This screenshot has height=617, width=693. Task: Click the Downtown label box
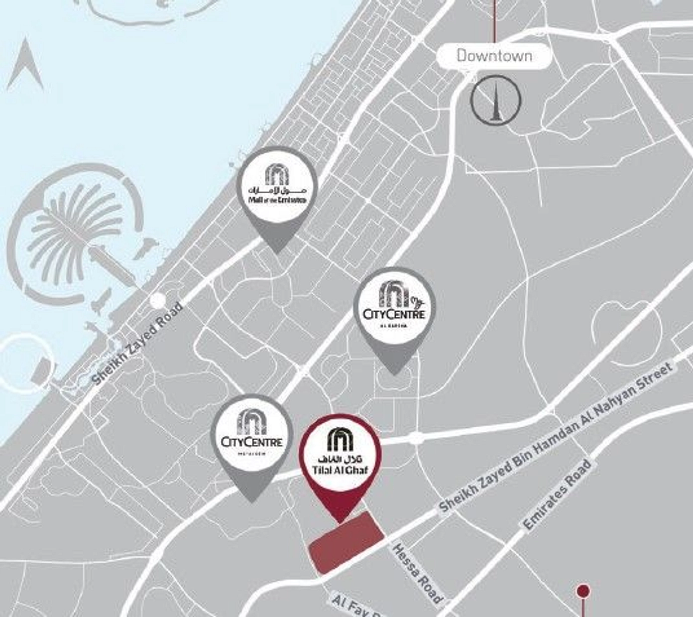click(x=494, y=56)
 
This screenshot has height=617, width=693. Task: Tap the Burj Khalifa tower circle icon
click(x=496, y=100)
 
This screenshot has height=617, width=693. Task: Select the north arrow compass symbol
click(x=25, y=66)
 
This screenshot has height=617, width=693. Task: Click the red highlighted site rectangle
click(x=347, y=542)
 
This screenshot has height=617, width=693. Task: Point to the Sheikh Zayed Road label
click(x=138, y=342)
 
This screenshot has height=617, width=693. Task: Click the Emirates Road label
click(x=557, y=494)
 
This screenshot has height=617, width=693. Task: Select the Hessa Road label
click(x=417, y=573)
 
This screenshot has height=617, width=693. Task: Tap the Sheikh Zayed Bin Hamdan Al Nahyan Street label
click(x=555, y=437)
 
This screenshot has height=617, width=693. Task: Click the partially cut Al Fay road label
click(x=356, y=607)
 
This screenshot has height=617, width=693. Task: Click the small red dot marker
click(x=583, y=592)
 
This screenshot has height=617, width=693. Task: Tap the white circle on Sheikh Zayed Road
click(x=158, y=300)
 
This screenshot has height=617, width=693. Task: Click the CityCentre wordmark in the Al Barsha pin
click(x=394, y=314)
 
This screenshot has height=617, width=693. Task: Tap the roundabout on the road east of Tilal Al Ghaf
click(x=416, y=438)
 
